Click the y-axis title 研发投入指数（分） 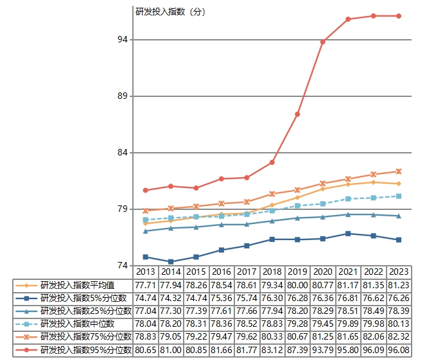point(170,11)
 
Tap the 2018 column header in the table point(272,272)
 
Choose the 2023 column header point(399,272)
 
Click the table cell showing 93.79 point(323,350)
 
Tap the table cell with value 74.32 point(171,299)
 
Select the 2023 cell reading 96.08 point(399,350)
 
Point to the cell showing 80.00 point(297,285)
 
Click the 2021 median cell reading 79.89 point(348,324)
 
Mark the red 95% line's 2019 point point(297,114)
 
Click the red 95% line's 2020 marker point(323,42)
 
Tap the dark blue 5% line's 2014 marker point(171,262)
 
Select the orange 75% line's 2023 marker point(399,171)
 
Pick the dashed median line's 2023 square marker point(399,196)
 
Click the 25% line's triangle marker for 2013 point(146,231)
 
